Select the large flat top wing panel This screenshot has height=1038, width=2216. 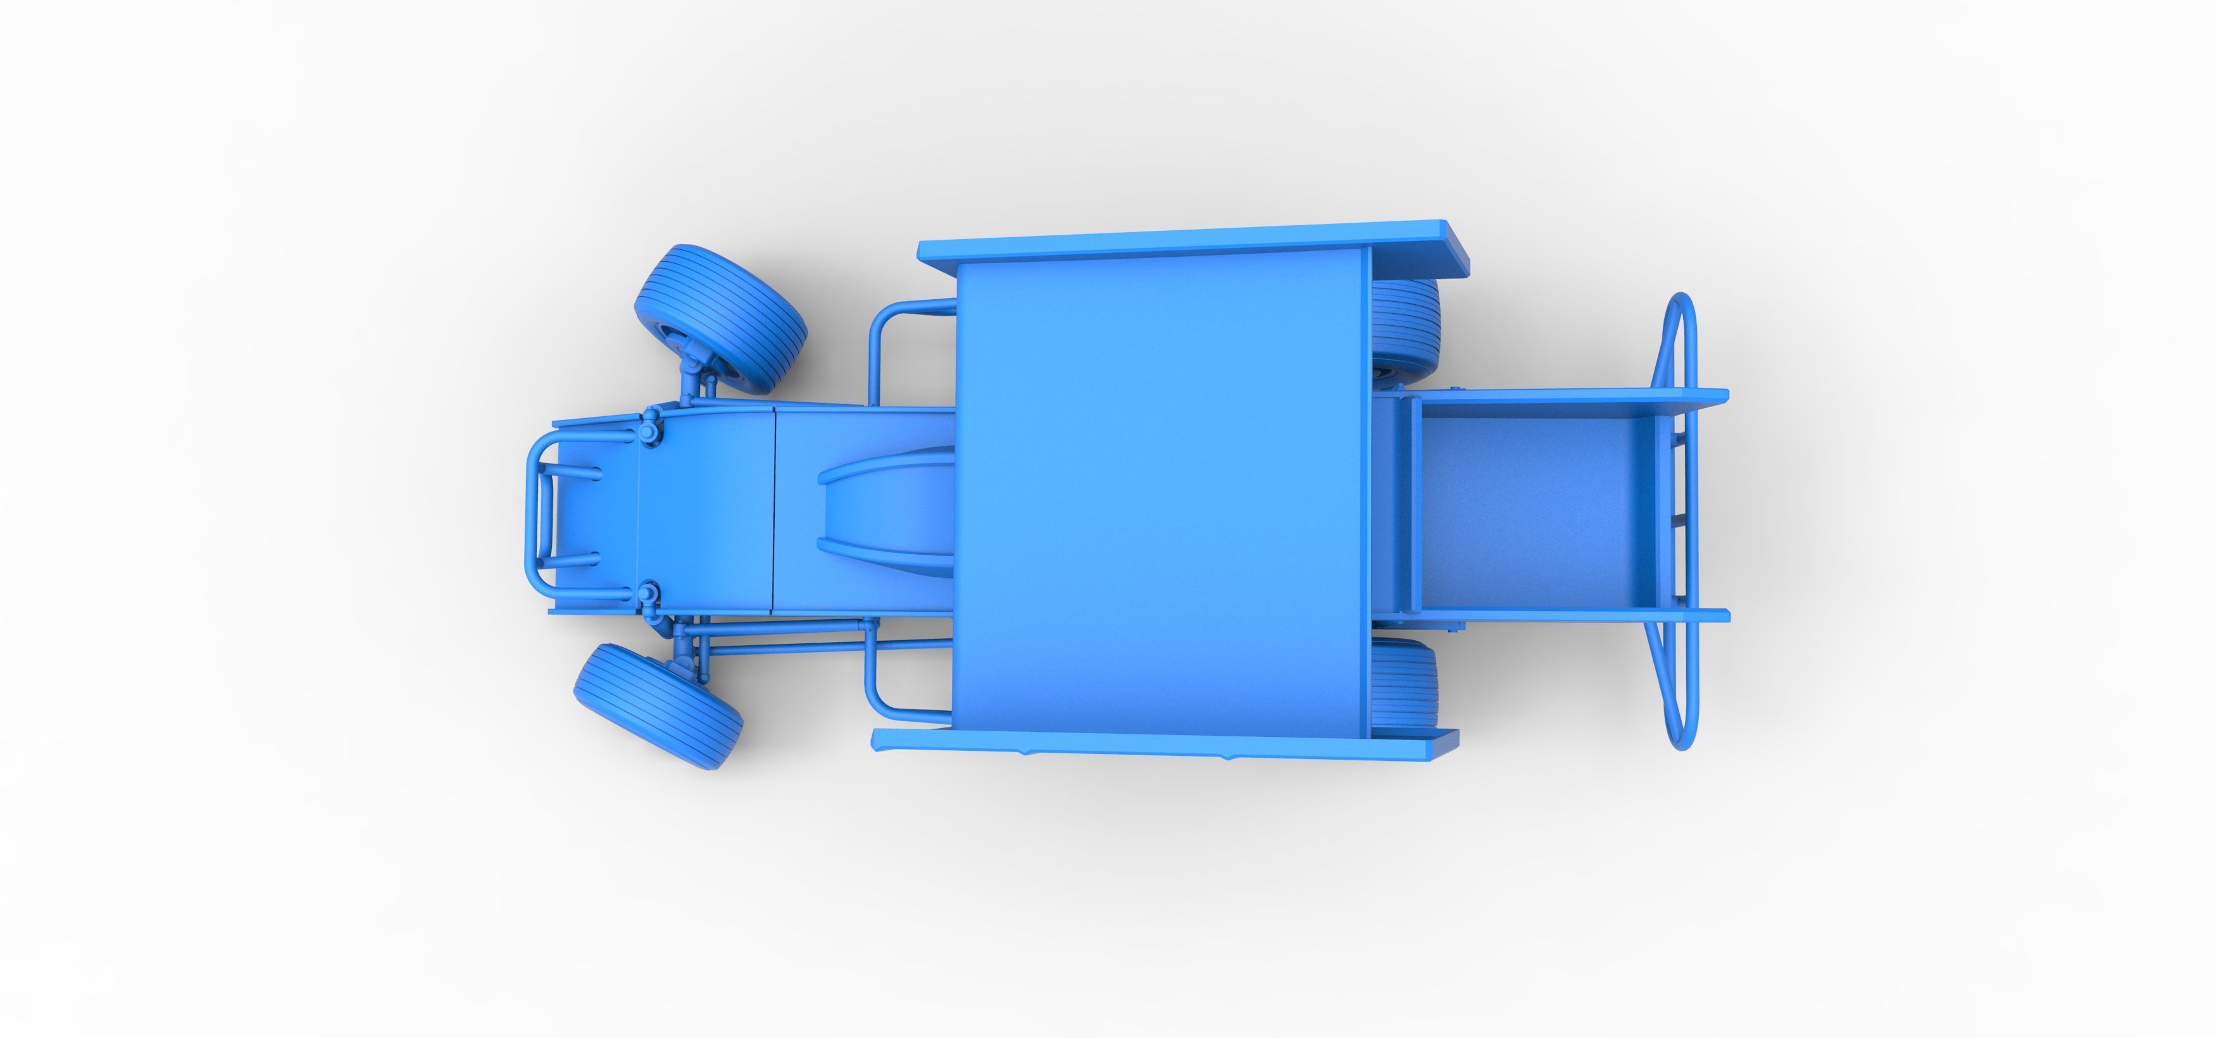coord(1161,499)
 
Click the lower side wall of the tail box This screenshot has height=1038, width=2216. coord(1566,615)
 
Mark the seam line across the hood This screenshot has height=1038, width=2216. coord(776,507)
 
